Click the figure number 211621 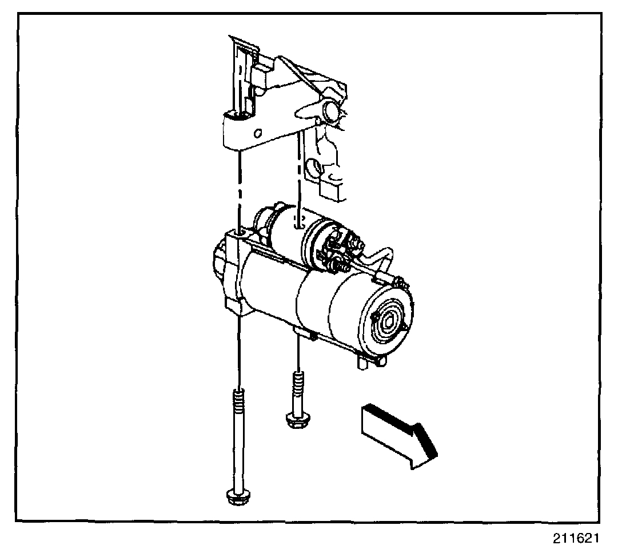576,538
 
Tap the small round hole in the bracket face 258,133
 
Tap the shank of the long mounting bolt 237,446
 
